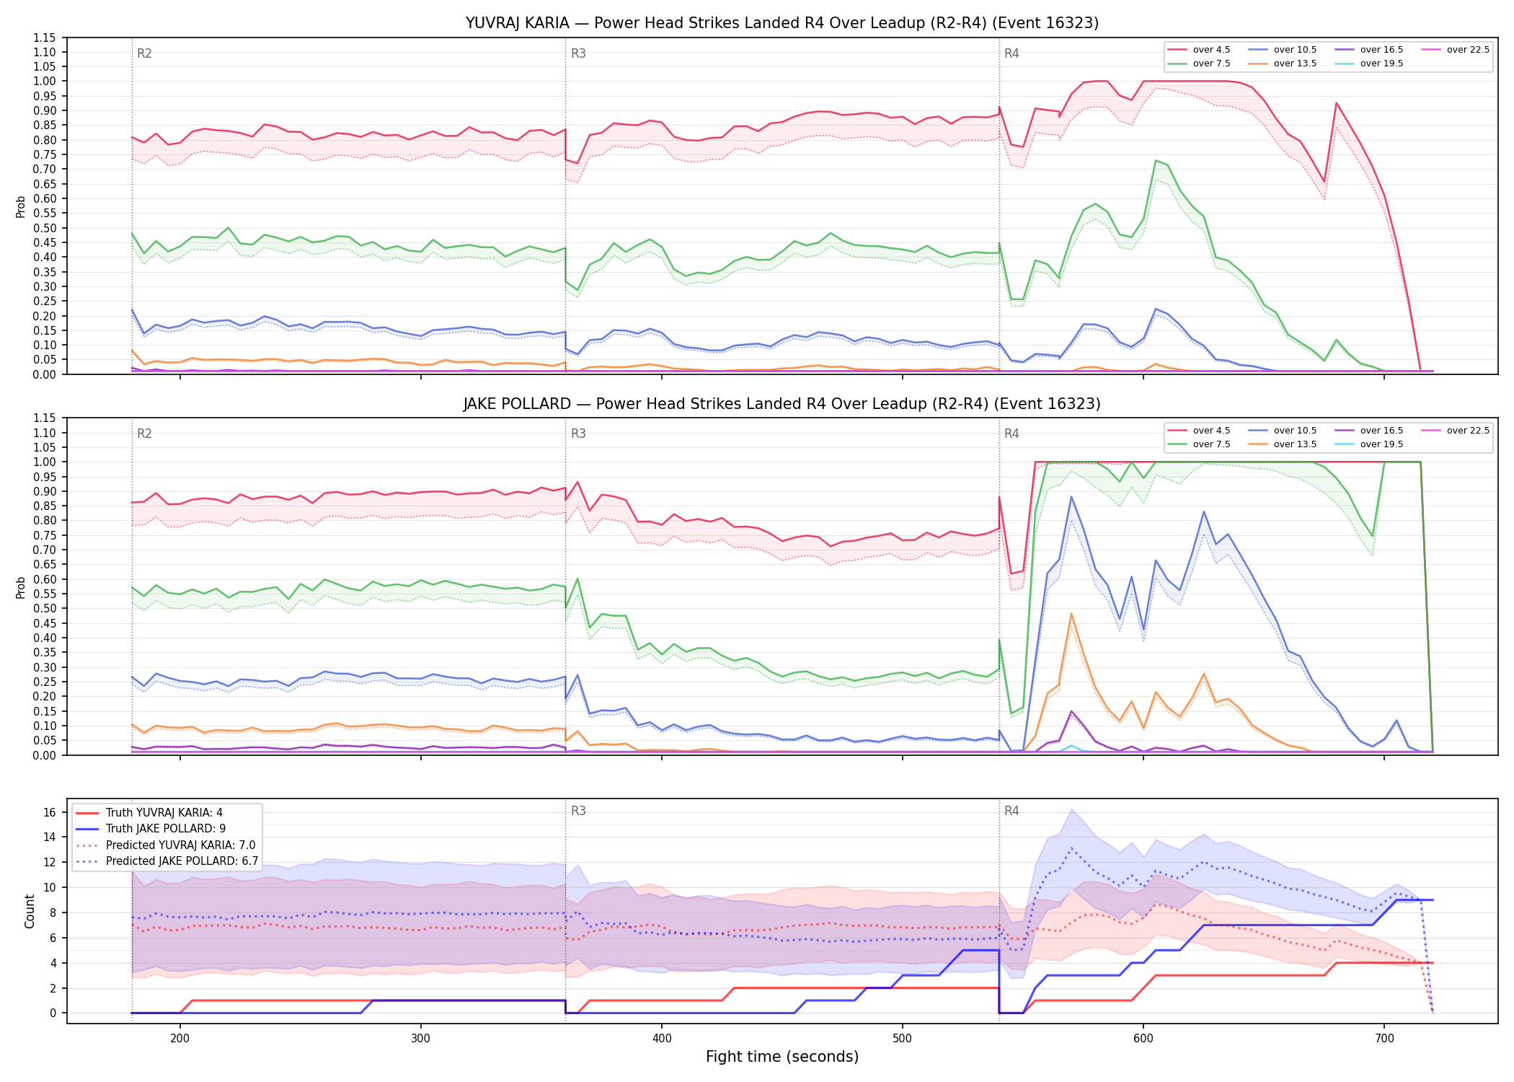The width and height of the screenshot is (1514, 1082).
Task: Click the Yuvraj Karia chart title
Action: tap(782, 23)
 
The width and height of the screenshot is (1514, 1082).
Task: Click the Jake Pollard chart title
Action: tap(782, 404)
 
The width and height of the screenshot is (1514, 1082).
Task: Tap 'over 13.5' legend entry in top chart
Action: tap(1283, 63)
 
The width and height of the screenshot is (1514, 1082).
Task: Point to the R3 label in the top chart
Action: tap(578, 53)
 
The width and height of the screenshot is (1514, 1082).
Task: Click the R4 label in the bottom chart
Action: tap(1011, 811)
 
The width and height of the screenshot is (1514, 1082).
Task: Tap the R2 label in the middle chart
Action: tap(144, 434)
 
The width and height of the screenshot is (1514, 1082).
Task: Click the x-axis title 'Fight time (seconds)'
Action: tap(782, 1057)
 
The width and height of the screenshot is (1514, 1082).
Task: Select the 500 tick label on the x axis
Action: tap(902, 1038)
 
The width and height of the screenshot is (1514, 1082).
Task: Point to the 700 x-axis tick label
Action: tap(1384, 1038)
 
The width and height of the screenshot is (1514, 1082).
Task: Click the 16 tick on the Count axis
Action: tap(50, 812)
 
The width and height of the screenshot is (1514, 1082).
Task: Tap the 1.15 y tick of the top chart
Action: tap(44, 38)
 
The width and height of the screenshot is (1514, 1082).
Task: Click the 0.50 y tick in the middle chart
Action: tap(44, 608)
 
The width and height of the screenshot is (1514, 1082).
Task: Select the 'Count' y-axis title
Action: tap(30, 911)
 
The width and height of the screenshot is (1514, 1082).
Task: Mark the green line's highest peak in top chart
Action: tap(1156, 160)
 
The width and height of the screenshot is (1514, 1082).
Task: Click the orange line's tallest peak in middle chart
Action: tap(1071, 614)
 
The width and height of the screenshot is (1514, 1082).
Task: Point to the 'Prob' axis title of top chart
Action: tap(20, 206)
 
